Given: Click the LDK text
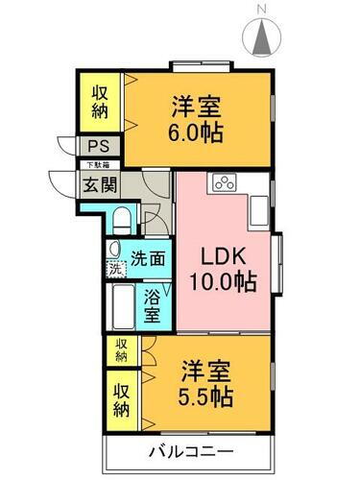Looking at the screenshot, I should click(x=222, y=256).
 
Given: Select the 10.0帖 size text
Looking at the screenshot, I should click(x=222, y=283).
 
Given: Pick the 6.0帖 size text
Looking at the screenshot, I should click(x=199, y=132).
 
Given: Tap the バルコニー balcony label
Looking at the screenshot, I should click(x=190, y=451).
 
